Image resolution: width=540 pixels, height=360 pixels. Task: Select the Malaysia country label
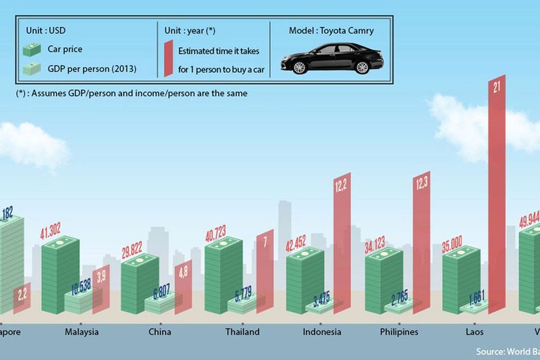pyautogui.click(x=82, y=332)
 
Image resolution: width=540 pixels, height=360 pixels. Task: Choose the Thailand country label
pyautogui.click(x=242, y=332)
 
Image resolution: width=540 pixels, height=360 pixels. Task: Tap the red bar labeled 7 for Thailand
pyautogui.click(x=265, y=270)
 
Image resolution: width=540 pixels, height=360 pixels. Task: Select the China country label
pyautogui.click(x=159, y=332)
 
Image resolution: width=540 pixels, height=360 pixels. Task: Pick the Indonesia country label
pyautogui.click(x=322, y=332)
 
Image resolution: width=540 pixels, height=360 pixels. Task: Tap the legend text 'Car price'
pyautogui.click(x=64, y=49)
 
